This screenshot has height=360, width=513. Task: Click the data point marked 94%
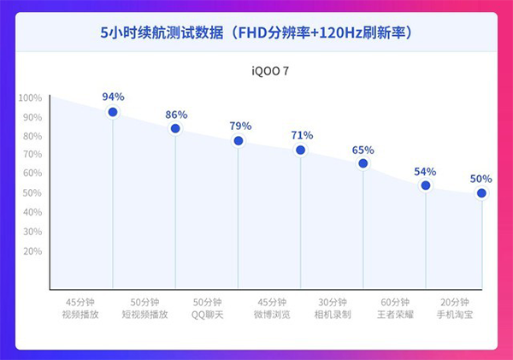click(x=113, y=112)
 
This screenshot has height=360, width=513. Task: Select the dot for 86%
click(x=175, y=128)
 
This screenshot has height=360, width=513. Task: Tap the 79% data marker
click(x=238, y=141)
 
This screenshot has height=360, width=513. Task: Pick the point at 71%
click(x=301, y=150)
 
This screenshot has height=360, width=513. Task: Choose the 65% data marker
click(x=363, y=163)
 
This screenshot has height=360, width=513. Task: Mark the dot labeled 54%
click(x=425, y=186)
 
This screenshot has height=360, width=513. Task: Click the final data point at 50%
click(x=481, y=193)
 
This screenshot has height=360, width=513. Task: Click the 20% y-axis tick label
click(x=32, y=251)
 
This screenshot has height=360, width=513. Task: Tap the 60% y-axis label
click(x=32, y=174)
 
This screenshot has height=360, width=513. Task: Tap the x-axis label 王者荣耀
click(x=393, y=314)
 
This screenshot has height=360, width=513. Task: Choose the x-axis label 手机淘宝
click(x=455, y=314)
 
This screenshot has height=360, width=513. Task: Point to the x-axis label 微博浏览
click(x=272, y=314)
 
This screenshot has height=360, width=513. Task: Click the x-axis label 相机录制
click(x=333, y=314)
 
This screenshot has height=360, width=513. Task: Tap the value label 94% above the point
click(x=113, y=97)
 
